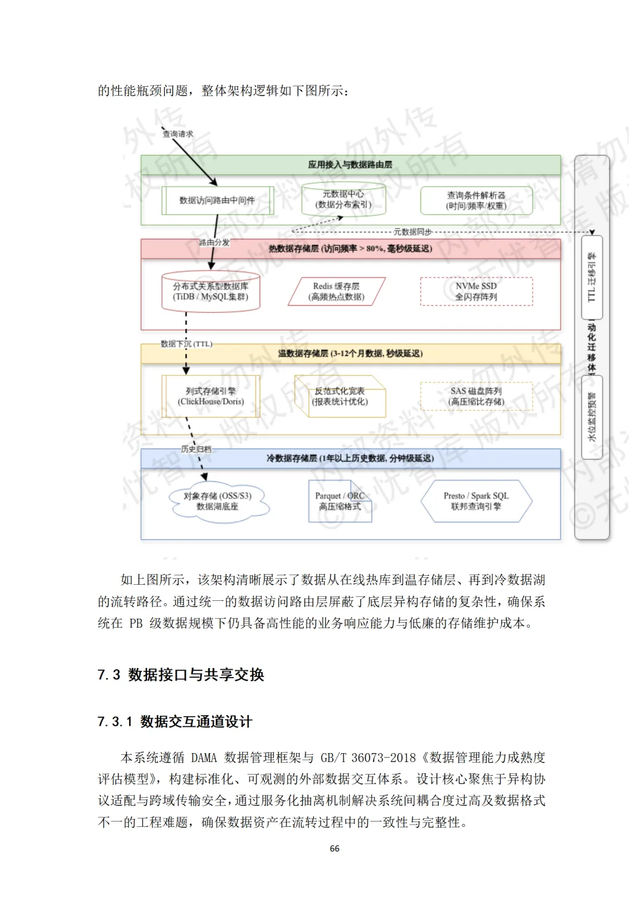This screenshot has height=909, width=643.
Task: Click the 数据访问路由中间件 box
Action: click(217, 200)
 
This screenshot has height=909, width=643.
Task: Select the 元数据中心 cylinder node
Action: click(344, 199)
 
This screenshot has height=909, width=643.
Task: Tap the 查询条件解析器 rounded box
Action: click(476, 200)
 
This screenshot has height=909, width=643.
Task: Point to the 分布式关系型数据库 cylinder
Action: click(211, 291)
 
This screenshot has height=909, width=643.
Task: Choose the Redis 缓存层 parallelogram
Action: click(336, 291)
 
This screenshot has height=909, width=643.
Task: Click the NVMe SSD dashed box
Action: click(476, 291)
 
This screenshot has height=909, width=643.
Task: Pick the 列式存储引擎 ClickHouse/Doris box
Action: click(211, 396)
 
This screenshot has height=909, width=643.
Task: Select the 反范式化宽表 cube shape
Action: click(340, 396)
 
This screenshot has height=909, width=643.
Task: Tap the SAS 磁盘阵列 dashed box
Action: click(476, 396)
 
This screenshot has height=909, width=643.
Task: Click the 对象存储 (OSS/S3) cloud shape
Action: click(217, 501)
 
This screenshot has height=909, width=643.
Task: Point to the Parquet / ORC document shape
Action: click(339, 501)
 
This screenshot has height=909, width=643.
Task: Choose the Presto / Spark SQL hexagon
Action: click(476, 501)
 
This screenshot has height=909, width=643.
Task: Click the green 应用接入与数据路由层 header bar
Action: click(350, 165)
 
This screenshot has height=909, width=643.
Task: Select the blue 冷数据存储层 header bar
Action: click(350, 458)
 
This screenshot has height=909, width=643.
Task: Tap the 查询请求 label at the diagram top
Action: click(178, 134)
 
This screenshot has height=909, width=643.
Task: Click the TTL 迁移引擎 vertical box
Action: click(592, 277)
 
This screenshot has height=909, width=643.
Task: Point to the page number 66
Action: click(335, 848)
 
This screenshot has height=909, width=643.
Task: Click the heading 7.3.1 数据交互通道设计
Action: click(175, 722)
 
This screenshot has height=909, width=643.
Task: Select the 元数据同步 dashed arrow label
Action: click(413, 232)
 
